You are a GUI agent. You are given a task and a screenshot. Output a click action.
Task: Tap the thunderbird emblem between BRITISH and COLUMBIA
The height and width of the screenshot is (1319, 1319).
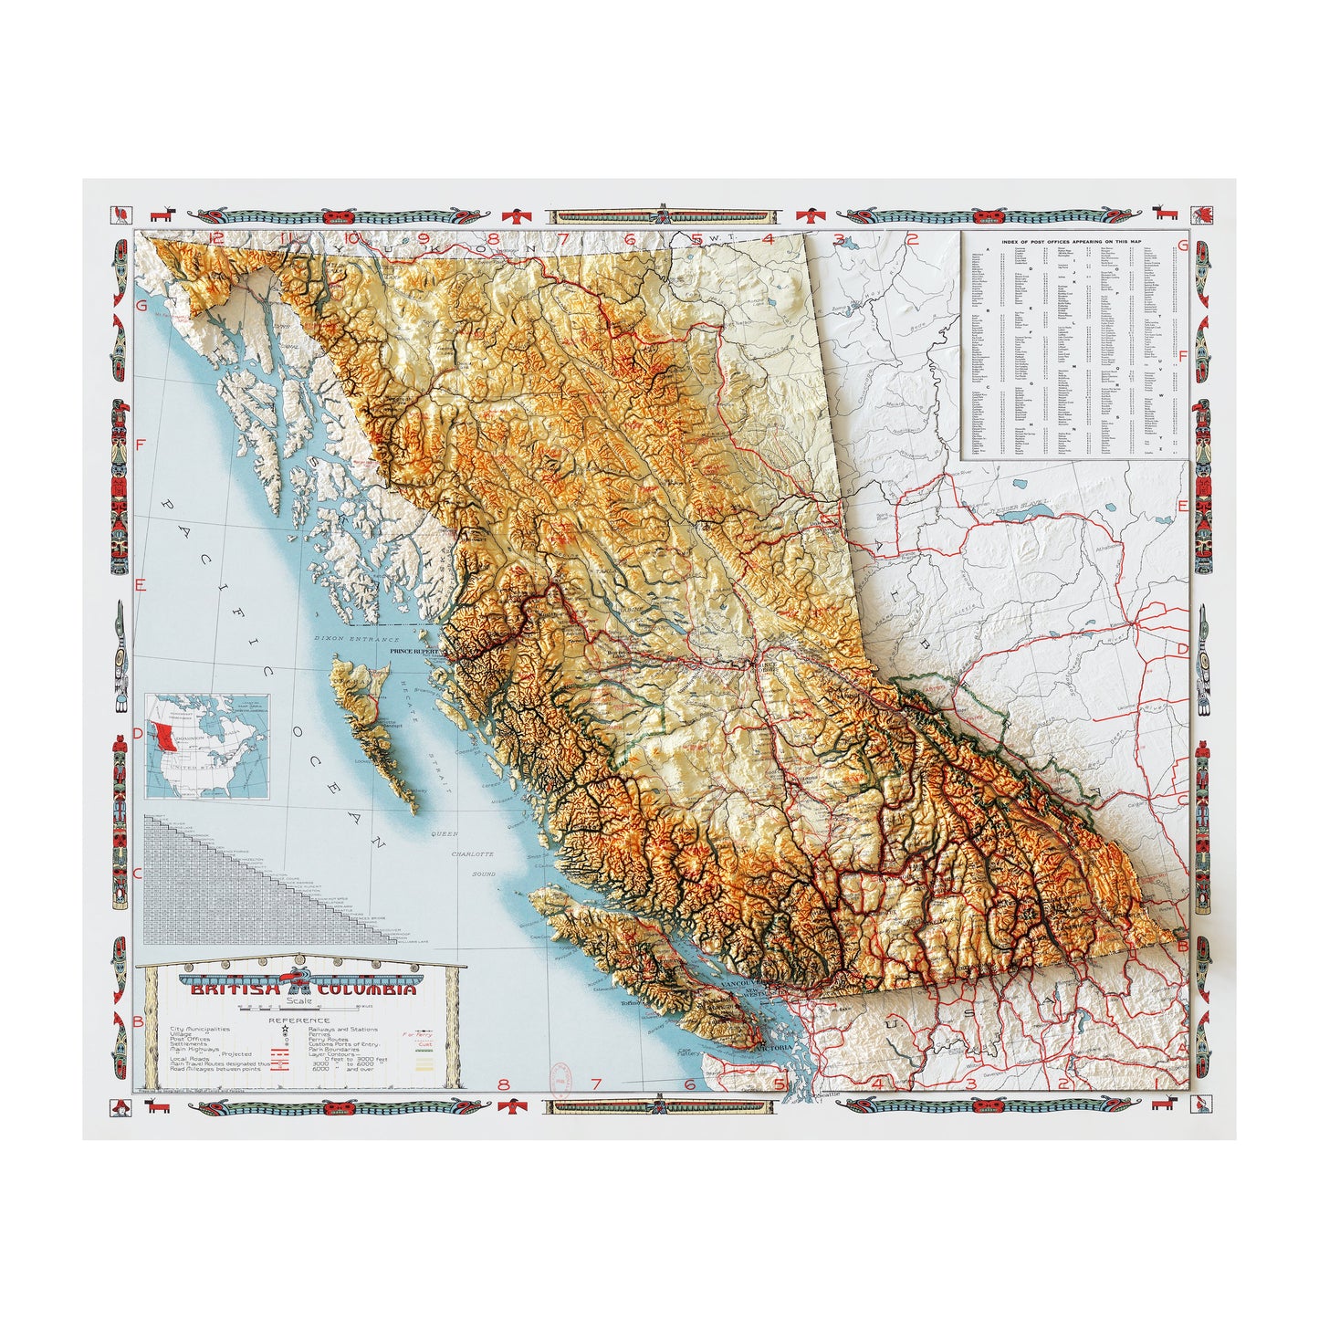tap(298, 983)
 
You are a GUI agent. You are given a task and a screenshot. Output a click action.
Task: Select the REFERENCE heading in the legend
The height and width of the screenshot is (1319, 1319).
tap(298, 1021)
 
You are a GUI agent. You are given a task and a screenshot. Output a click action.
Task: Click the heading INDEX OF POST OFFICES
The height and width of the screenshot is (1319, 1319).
tap(1074, 241)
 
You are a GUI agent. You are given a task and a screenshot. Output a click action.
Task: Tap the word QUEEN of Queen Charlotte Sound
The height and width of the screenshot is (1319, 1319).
tap(445, 833)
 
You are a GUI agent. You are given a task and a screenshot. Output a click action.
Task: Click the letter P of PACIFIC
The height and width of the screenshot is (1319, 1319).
tap(168, 504)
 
